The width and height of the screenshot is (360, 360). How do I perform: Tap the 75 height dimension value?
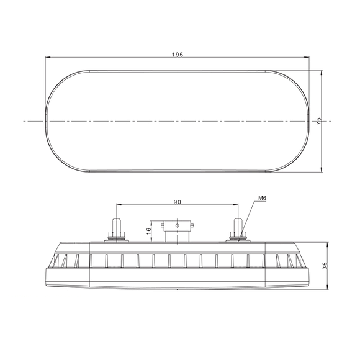(x=318, y=121)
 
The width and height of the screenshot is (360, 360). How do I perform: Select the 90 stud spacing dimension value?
(x=177, y=202)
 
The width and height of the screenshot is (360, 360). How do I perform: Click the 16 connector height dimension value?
(x=148, y=232)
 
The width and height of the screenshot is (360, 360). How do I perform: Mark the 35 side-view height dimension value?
(x=325, y=265)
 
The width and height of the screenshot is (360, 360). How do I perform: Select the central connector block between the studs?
(x=178, y=231)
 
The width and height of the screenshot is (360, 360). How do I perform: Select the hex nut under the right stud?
(x=238, y=235)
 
